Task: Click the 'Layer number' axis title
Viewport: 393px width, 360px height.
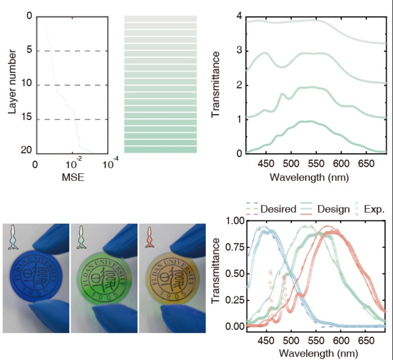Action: [12, 84]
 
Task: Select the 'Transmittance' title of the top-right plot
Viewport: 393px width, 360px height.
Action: [216, 85]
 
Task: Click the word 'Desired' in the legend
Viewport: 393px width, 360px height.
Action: [278, 209]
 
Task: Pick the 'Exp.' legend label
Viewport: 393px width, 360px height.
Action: [374, 209]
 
